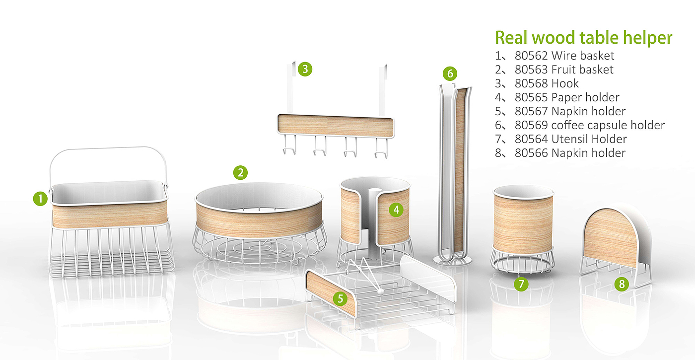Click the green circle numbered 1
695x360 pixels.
coord(40,199)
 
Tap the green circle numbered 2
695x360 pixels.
coord(240,173)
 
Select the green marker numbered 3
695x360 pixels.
coord(305,69)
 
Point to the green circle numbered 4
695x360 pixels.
coord(396,210)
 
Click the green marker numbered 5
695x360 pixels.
coord(341,298)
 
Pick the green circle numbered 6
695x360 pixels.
coord(450,73)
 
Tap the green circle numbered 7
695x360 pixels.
coord(521,284)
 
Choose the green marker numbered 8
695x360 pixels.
coord(622,284)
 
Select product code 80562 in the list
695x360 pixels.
coord(531,56)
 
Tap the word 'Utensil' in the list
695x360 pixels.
coord(570,139)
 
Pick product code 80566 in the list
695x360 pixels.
coord(531,153)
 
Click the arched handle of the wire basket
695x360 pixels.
coord(108,148)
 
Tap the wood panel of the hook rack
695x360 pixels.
coord(336,126)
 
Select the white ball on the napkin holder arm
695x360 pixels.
coord(379,291)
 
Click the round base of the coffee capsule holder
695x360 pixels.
coord(452,261)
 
